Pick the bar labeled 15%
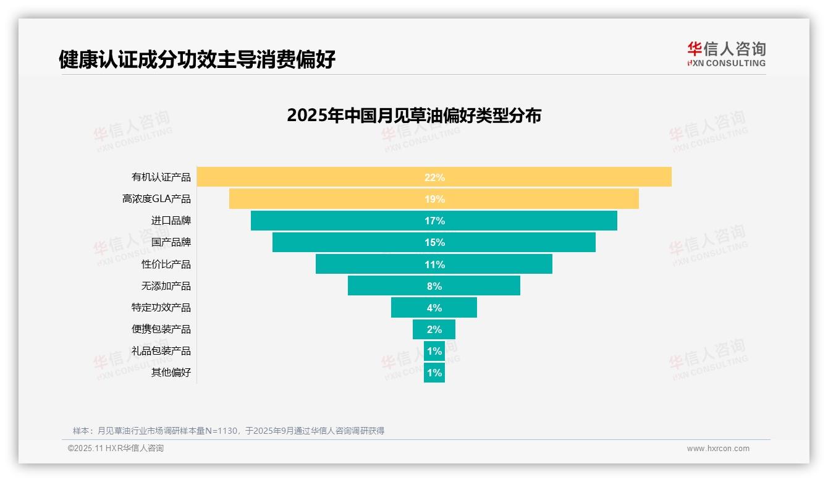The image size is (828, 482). pyautogui.click(x=434, y=242)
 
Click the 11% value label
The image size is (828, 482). pyautogui.click(x=434, y=264)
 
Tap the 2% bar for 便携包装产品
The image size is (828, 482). pyautogui.click(x=434, y=329)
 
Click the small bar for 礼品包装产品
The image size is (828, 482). pyautogui.click(x=434, y=351)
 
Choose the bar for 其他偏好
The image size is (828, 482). pyautogui.click(x=434, y=373)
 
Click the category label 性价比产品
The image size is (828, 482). pyautogui.click(x=166, y=264)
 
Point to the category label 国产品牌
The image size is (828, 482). pyautogui.click(x=171, y=242)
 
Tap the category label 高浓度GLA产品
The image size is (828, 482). pyautogui.click(x=156, y=199)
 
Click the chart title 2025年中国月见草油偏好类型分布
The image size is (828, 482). pyautogui.click(x=414, y=116)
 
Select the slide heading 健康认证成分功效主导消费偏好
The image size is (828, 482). pyautogui.click(x=197, y=59)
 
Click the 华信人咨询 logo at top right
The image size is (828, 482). pyautogui.click(x=727, y=54)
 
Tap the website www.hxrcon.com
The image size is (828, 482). pyautogui.click(x=718, y=449)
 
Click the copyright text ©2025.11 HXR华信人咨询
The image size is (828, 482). pyautogui.click(x=116, y=449)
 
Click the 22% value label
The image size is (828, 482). pyautogui.click(x=434, y=177)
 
